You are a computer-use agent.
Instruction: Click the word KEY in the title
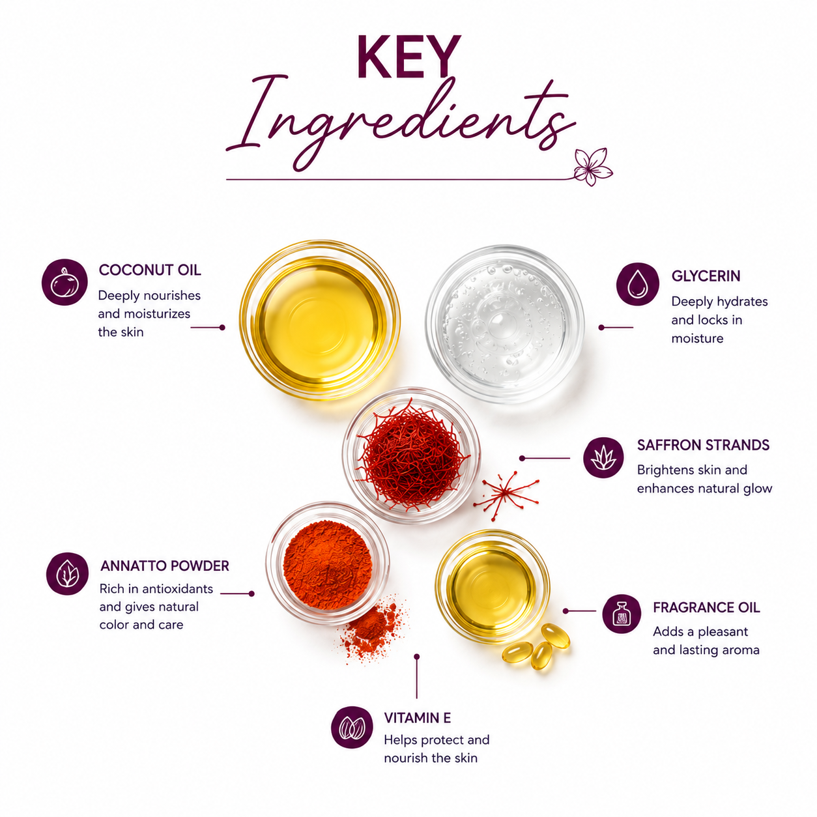(409, 57)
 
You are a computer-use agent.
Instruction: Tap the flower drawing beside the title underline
(592, 167)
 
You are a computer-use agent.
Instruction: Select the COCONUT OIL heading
(150, 270)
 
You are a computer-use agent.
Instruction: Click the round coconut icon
(64, 282)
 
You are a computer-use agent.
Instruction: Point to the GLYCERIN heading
(706, 276)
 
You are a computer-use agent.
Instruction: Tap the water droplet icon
(637, 283)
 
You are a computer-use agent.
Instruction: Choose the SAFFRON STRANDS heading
(703, 445)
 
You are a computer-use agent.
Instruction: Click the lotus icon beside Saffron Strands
(603, 458)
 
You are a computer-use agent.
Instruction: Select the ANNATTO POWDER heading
(164, 566)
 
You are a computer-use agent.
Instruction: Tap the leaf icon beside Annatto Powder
(67, 573)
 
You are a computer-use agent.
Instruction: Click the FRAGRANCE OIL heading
(706, 608)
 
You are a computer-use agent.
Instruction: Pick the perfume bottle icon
(622, 614)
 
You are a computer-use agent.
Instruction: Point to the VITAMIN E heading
(417, 718)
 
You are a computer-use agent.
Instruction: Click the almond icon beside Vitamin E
(352, 728)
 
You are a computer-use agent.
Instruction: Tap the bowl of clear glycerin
(505, 324)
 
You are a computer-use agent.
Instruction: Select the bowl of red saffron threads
(411, 455)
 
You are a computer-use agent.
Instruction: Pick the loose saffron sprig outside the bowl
(506, 494)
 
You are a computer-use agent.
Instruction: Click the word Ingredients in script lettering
(401, 123)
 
